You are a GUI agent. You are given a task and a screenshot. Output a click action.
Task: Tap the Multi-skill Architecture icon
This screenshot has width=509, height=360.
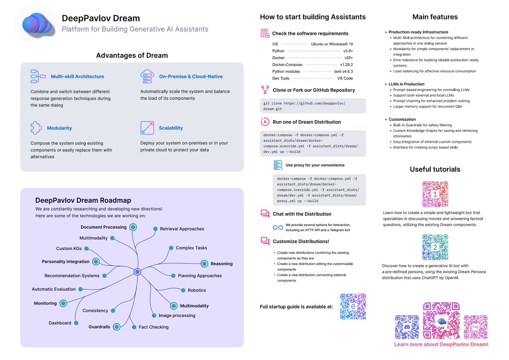click(38, 76)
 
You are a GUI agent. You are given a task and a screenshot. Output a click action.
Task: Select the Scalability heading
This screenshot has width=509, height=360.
click(171, 128)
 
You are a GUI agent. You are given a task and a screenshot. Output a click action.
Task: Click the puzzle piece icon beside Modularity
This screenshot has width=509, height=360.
click(36, 128)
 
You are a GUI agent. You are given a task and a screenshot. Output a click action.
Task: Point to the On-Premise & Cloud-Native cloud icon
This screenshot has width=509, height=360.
click(146, 76)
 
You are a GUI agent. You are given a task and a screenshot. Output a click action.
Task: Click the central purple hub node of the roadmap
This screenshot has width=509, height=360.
click(137, 272)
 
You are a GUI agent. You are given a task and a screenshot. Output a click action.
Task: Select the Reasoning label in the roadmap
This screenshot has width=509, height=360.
click(221, 264)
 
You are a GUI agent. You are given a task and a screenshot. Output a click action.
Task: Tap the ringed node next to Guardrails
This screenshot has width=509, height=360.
click(117, 327)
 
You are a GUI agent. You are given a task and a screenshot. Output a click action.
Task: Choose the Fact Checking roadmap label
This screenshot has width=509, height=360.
click(154, 327)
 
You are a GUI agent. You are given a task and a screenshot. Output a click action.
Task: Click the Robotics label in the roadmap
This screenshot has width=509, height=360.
click(196, 290)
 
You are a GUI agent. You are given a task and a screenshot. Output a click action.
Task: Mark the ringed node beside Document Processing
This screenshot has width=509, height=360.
click(133, 227)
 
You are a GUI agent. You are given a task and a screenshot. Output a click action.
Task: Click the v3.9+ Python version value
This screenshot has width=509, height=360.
click(348, 51)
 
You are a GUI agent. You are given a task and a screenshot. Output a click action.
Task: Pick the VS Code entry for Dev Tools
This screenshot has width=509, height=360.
click(345, 78)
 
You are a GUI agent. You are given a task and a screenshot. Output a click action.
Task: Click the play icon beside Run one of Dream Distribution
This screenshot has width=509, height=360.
click(265, 122)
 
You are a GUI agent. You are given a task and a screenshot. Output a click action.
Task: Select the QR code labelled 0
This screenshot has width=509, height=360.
click(353, 307)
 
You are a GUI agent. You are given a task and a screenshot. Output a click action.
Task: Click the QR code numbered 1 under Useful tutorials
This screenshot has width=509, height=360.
click(435, 194)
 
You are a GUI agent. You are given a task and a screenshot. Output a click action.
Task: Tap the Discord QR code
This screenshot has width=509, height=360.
click(407, 327)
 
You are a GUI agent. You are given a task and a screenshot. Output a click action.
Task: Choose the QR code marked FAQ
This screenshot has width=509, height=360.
click(475, 327)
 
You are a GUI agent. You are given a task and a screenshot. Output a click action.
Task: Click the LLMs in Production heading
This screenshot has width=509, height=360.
click(406, 84)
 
